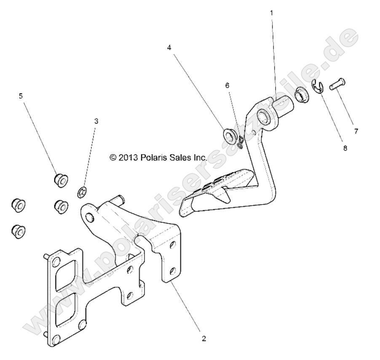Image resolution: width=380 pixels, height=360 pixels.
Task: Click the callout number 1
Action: (271, 13)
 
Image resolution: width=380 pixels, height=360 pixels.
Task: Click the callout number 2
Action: (204, 339)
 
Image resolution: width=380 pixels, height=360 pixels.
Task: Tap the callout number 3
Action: (96, 121)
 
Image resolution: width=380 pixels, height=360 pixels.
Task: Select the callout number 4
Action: (169, 48)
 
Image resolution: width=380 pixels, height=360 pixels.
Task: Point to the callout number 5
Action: (21, 96)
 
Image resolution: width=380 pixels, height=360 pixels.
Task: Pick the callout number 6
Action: (227, 85)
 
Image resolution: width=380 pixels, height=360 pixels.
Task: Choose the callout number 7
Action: (356, 131)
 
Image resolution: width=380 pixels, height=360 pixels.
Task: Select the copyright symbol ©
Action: (112, 157)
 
